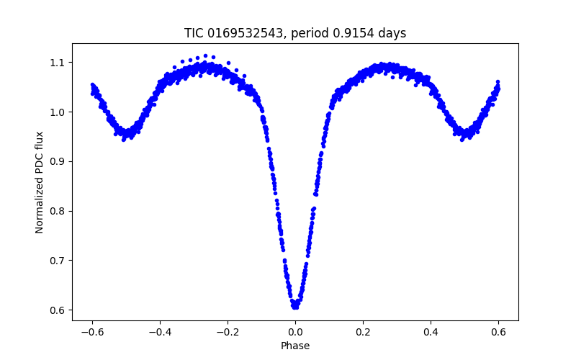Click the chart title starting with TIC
click(295, 33)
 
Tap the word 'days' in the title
click(392, 33)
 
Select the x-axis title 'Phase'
click(295, 346)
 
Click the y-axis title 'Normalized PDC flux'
click(40, 181)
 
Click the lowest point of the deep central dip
click(295, 307)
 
